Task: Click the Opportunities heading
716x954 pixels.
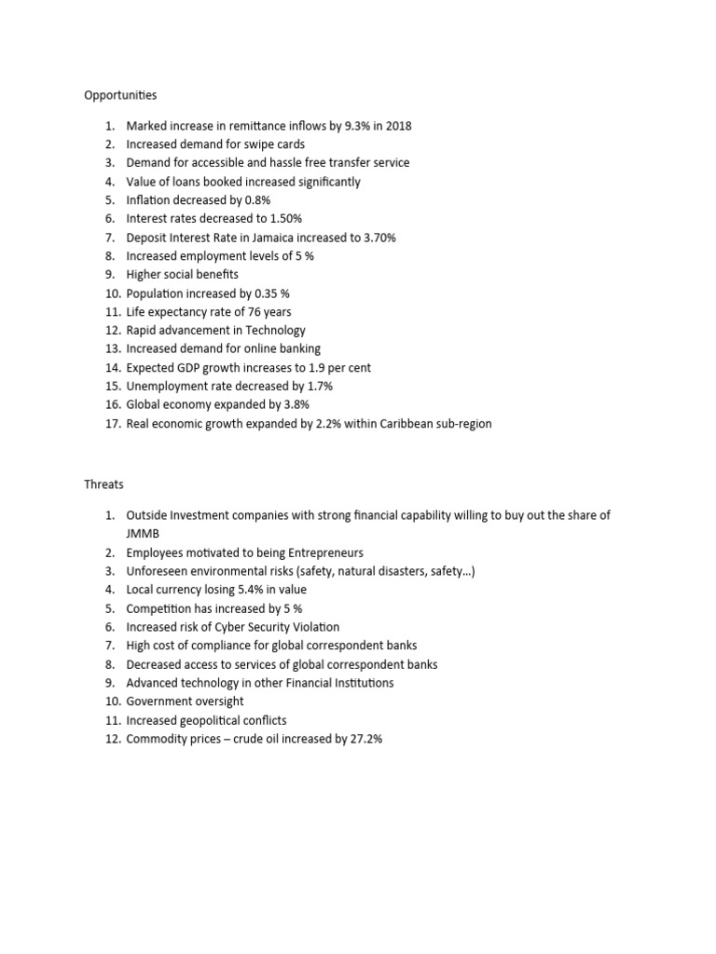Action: pos(120,95)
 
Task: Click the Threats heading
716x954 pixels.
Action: pos(103,484)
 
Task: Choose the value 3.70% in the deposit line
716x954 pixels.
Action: pos(377,238)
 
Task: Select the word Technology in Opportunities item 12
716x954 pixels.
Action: pos(274,331)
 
